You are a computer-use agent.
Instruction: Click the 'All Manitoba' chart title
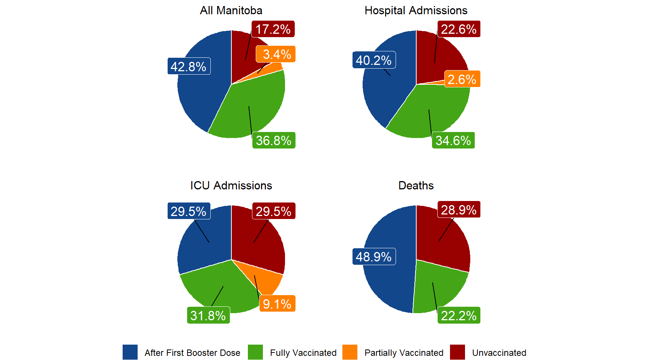(231, 10)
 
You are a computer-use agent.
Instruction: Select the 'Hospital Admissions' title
(416, 10)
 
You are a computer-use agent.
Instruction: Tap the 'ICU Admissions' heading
(231, 186)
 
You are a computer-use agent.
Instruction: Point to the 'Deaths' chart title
(416, 186)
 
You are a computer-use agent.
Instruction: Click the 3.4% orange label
(276, 54)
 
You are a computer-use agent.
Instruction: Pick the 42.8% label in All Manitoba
(189, 66)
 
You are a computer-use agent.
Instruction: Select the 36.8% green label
(274, 141)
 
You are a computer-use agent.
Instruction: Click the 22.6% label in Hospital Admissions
(459, 29)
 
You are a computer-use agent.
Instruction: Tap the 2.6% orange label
(462, 79)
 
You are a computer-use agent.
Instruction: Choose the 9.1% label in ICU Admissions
(277, 304)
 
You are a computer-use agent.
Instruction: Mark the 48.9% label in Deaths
(374, 257)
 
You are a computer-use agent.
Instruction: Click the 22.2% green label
(459, 316)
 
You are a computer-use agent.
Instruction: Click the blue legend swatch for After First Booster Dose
(130, 352)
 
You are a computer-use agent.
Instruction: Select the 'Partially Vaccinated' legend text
(404, 353)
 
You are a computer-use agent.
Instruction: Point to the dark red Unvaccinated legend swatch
(457, 352)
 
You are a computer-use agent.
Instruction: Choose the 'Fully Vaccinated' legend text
(303, 353)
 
